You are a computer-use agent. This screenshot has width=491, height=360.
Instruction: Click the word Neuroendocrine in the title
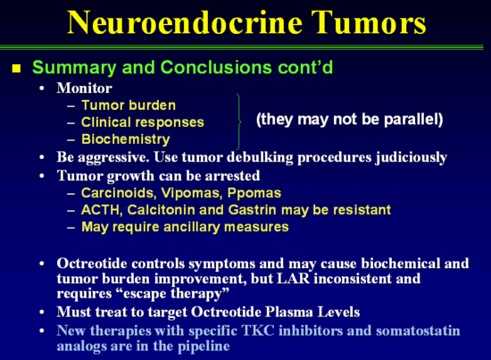click(x=185, y=22)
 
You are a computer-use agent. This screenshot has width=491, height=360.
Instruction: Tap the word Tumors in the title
click(x=369, y=22)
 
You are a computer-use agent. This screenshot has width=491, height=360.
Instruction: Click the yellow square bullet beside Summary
click(x=16, y=68)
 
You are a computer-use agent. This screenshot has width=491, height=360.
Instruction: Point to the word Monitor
click(x=84, y=88)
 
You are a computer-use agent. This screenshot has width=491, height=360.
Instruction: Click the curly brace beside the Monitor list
click(x=239, y=121)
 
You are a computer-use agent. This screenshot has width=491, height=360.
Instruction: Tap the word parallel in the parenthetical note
click(x=413, y=120)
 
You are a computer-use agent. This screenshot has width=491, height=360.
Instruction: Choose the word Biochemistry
click(x=126, y=139)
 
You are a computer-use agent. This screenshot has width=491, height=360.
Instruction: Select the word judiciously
click(x=412, y=157)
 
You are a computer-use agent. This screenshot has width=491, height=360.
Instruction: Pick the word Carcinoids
click(x=119, y=193)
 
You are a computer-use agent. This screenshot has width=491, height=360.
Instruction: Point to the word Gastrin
click(x=253, y=210)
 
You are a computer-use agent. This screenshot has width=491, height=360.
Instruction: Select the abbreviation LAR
click(x=294, y=279)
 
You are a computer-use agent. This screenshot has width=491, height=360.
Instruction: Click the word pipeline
click(x=204, y=347)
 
